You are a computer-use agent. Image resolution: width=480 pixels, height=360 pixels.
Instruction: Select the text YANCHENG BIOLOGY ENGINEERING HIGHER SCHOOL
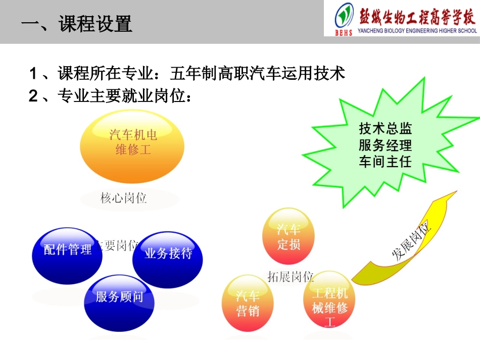click(417, 31)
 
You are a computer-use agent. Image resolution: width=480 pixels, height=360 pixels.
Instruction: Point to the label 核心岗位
click(123, 198)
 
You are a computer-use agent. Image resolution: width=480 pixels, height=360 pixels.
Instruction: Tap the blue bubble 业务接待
click(168, 253)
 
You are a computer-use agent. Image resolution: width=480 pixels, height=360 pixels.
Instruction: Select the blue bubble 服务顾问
click(119, 297)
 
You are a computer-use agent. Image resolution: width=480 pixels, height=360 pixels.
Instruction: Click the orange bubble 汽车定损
click(289, 237)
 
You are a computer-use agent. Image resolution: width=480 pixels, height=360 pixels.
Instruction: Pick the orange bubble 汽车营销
click(248, 303)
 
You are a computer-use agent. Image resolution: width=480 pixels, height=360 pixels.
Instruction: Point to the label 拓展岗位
click(291, 277)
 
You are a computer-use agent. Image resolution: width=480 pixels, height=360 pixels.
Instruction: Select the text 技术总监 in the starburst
click(385, 128)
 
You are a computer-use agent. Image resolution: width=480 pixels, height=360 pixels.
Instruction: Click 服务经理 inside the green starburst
click(385, 145)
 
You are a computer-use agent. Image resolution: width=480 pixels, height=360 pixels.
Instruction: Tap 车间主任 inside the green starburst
click(385, 162)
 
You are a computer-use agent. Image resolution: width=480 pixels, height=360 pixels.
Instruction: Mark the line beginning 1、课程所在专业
click(187, 74)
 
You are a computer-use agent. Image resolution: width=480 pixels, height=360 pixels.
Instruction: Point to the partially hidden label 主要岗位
click(119, 246)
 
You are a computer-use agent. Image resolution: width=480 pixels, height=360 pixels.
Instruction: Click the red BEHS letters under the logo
click(344, 33)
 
